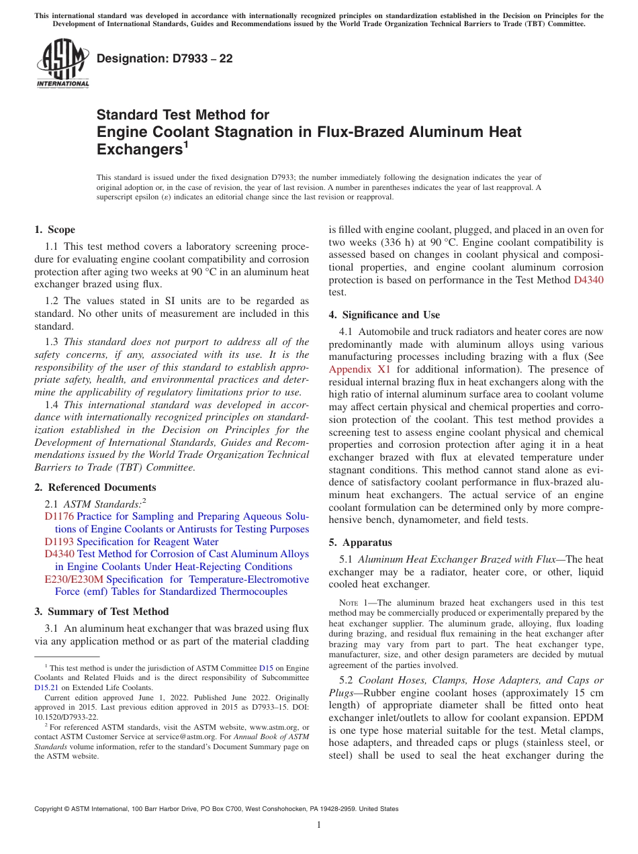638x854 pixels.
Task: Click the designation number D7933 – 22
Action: click(165, 58)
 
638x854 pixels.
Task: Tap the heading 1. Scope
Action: click(54, 230)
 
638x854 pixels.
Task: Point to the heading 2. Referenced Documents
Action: click(95, 487)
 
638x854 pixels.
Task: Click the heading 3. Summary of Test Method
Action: click(101, 612)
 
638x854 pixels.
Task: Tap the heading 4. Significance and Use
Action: click(384, 315)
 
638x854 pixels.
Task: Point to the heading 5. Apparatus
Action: click(360, 542)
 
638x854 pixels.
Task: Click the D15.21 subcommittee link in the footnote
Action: click(46, 687)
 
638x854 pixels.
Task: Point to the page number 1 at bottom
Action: click(319, 825)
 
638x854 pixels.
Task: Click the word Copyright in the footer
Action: click(51, 809)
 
